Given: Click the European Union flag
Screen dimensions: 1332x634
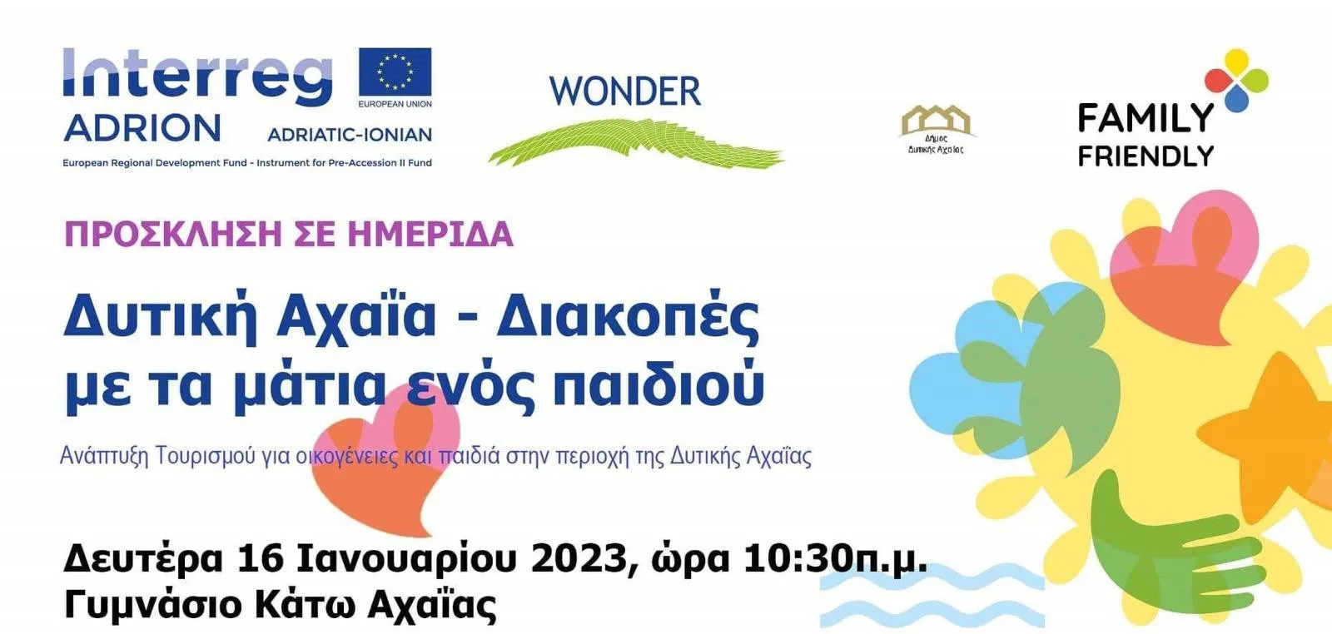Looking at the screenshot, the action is click(395, 72).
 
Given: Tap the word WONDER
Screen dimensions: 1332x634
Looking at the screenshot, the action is click(624, 92).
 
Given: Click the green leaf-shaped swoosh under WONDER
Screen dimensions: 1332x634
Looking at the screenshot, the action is click(635, 142).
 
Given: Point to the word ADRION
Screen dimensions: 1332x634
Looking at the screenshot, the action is click(142, 128).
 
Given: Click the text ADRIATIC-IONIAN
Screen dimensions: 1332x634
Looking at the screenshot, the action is click(350, 135).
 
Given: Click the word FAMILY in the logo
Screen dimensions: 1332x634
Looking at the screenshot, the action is click(1146, 117).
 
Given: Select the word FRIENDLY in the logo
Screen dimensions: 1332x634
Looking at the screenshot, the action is click(1146, 156).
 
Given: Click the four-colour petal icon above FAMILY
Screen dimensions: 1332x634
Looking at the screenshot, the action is click(1237, 80).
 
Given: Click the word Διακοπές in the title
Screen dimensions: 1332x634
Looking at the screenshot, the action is click(628, 318).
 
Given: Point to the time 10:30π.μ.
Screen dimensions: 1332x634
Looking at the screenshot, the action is click(836, 560).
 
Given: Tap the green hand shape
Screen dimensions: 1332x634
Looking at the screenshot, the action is click(1165, 547).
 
